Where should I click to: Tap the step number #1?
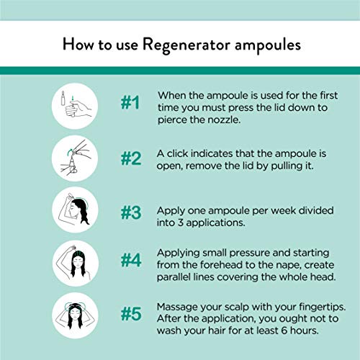coord(129,104)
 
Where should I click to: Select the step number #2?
coord(129,159)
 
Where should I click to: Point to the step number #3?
coord(129,212)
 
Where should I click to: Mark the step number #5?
coord(129,315)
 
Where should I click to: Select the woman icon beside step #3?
coord(76,212)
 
